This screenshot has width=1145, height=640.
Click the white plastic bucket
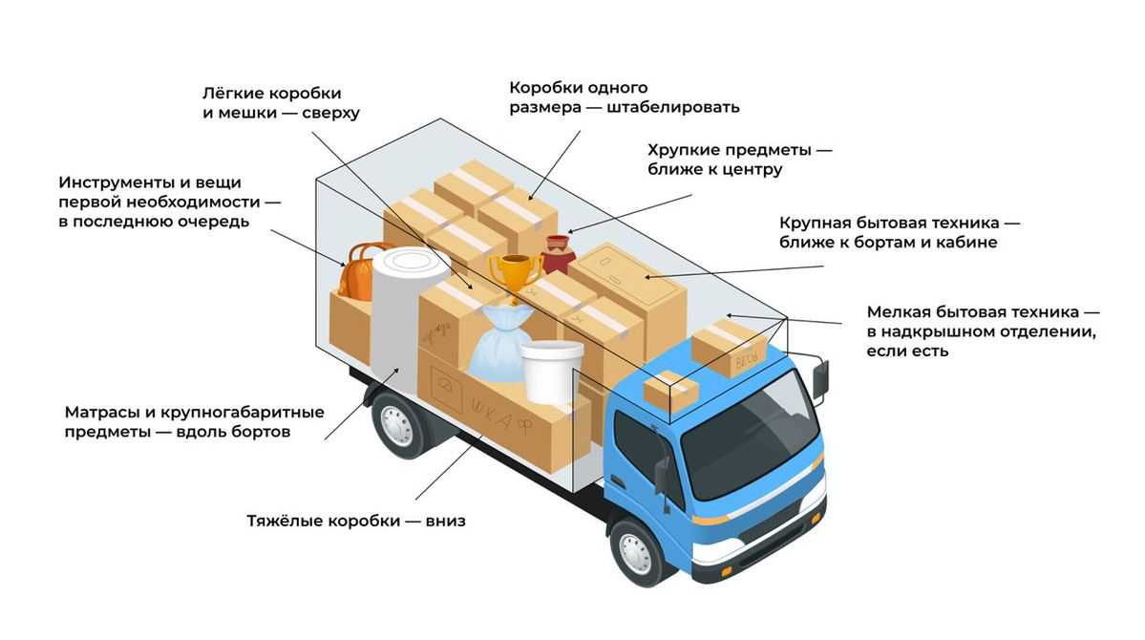coord(551,371)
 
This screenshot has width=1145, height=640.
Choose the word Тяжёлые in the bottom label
coord(286,522)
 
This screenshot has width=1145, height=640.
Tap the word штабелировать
coord(673,107)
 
